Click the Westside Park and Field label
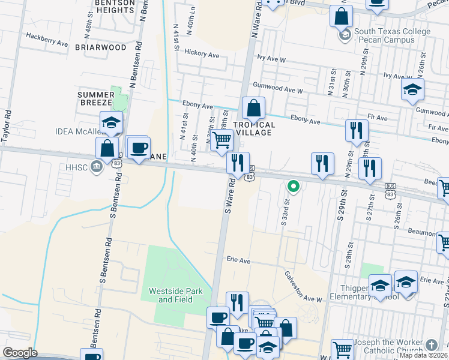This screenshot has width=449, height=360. [176, 295]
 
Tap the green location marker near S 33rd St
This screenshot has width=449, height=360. [293, 186]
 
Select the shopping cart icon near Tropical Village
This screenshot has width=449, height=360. [222, 140]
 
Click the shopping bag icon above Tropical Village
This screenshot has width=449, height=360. [254, 109]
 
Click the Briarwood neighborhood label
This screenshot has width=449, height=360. [101, 47]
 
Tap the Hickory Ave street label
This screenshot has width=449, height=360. [202, 53]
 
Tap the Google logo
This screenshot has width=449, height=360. [20, 353]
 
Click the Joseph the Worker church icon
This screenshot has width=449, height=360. [432, 345]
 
